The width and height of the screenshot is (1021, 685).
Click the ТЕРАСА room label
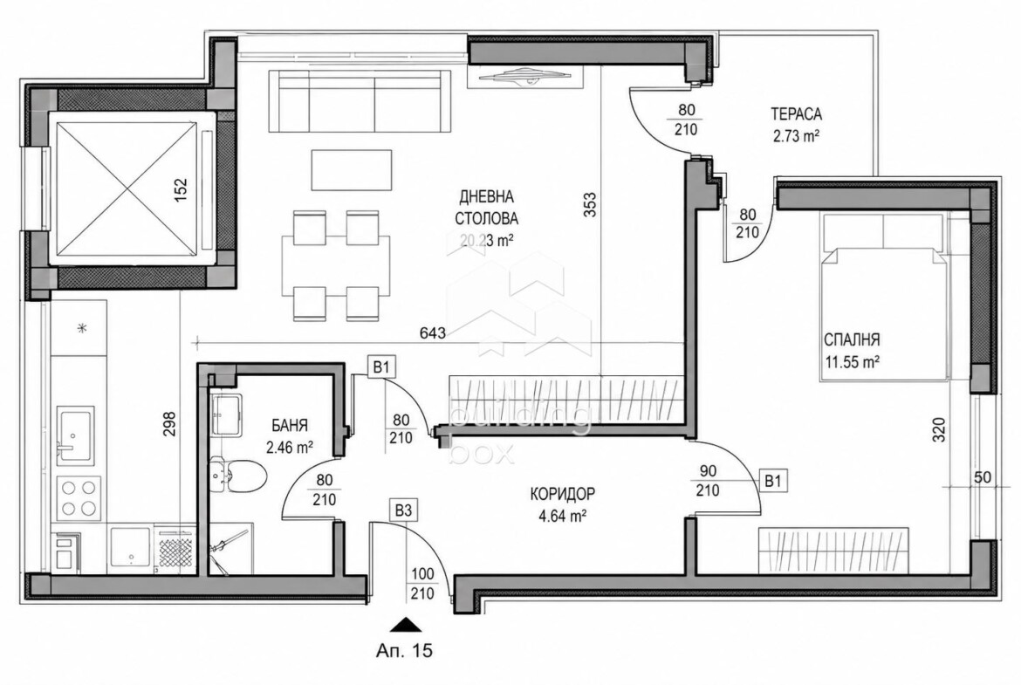pyautogui.click(x=796, y=114)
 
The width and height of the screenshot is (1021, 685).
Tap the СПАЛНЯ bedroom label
pyautogui.click(x=852, y=339)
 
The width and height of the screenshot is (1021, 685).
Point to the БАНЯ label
pyautogui.click(x=290, y=426)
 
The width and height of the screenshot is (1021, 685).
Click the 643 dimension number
pyautogui.click(x=432, y=333)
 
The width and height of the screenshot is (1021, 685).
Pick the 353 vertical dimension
pyautogui.click(x=590, y=204)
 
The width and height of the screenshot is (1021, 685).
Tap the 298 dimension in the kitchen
pyautogui.click(x=169, y=424)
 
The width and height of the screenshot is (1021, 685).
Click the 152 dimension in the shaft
pyautogui.click(x=181, y=191)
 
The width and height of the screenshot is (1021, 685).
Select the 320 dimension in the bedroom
pyautogui.click(x=938, y=429)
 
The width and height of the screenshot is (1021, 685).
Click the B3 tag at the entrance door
pyautogui.click(x=404, y=510)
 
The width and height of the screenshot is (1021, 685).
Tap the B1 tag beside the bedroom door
pyautogui.click(x=772, y=481)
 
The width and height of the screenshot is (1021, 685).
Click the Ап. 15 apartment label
pyautogui.click(x=404, y=650)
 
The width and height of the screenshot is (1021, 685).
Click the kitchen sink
pyautogui.click(x=75, y=435)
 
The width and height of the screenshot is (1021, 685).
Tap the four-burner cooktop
pyautogui.click(x=79, y=498)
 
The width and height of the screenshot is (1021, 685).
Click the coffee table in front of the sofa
pyautogui.click(x=352, y=170)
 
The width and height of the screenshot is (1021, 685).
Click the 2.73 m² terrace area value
pyautogui.click(x=796, y=136)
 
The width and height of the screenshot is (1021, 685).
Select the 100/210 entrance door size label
pyautogui.click(x=422, y=584)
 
